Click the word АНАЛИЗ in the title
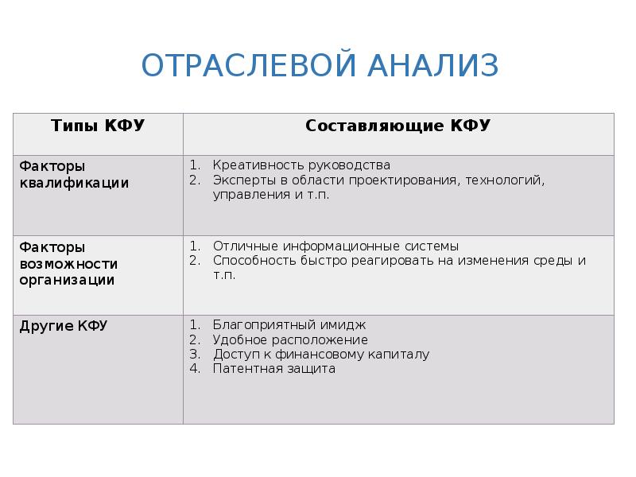coord(432,65)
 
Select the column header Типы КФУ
coord(98,126)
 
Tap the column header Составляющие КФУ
coord(397,126)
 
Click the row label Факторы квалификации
coord(74,174)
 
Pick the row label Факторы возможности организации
coord(68,263)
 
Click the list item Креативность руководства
coord(301,165)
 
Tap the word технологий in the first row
coord(508,180)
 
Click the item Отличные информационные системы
coord(335,246)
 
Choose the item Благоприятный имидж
coord(289,325)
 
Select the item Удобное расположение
coord(290,339)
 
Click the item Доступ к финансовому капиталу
coord(321,354)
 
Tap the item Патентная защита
coord(273,368)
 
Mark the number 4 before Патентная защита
coord(193,368)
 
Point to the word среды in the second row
coord(556,261)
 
